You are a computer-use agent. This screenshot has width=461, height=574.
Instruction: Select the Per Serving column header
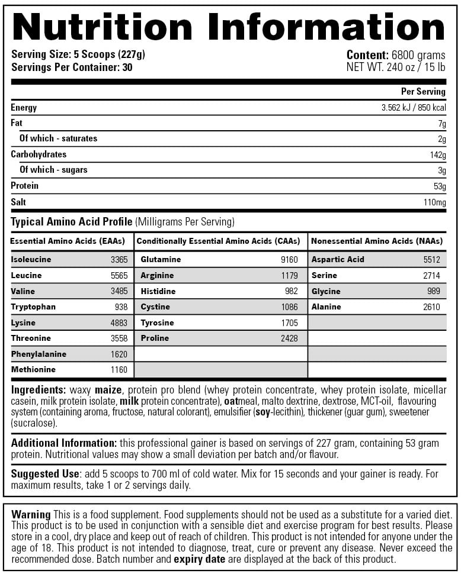(x=423, y=92)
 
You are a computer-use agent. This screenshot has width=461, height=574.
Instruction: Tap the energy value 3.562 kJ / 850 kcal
(x=413, y=108)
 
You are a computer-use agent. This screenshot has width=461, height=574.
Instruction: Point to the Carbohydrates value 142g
(x=438, y=155)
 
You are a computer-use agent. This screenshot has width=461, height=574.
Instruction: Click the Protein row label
(x=24, y=186)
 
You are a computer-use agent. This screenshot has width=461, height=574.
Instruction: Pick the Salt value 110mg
(x=434, y=202)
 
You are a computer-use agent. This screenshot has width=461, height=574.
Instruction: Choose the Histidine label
(x=158, y=292)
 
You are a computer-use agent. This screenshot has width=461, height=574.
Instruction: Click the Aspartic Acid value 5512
(x=431, y=260)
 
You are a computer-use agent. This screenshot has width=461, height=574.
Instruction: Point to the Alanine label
(x=326, y=307)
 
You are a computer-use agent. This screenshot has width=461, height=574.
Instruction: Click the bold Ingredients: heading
(x=39, y=390)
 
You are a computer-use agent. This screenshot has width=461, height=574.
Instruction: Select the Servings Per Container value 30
(x=127, y=67)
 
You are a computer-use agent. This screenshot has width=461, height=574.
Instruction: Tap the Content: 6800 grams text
(x=395, y=54)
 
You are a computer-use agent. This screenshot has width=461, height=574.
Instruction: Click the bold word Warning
(x=31, y=514)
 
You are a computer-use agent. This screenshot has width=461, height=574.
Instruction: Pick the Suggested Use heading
(x=45, y=474)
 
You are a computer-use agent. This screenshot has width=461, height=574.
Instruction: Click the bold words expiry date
(x=199, y=559)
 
